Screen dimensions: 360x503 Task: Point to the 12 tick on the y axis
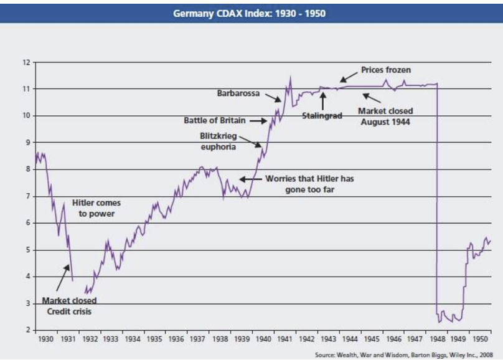point(26,62)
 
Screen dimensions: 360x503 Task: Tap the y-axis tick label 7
point(27,196)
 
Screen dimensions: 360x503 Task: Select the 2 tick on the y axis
point(27,330)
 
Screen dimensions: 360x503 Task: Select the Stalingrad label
point(322,116)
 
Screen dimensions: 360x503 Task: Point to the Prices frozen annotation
point(386,70)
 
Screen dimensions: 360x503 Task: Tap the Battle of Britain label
point(214,120)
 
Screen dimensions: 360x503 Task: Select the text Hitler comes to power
point(96,208)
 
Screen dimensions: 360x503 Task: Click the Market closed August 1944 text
point(386,116)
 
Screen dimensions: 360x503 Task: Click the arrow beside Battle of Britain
point(258,120)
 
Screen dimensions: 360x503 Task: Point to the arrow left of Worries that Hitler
point(250,179)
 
